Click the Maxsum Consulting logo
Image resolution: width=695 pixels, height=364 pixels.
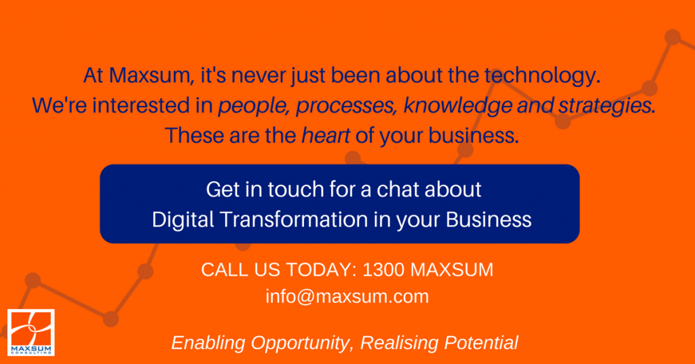tap(31, 333)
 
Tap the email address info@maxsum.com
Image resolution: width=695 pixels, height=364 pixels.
tap(347, 297)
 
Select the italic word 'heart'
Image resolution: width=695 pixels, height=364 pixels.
tap(326, 135)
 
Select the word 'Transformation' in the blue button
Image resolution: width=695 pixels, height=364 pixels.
tap(293, 219)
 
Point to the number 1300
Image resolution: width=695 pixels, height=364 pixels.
tap(384, 270)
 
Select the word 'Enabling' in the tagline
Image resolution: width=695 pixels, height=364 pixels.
tap(208, 343)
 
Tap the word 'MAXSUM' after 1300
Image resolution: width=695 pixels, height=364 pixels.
tap(451, 270)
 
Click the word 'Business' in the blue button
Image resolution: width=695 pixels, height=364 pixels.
tap(489, 219)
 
